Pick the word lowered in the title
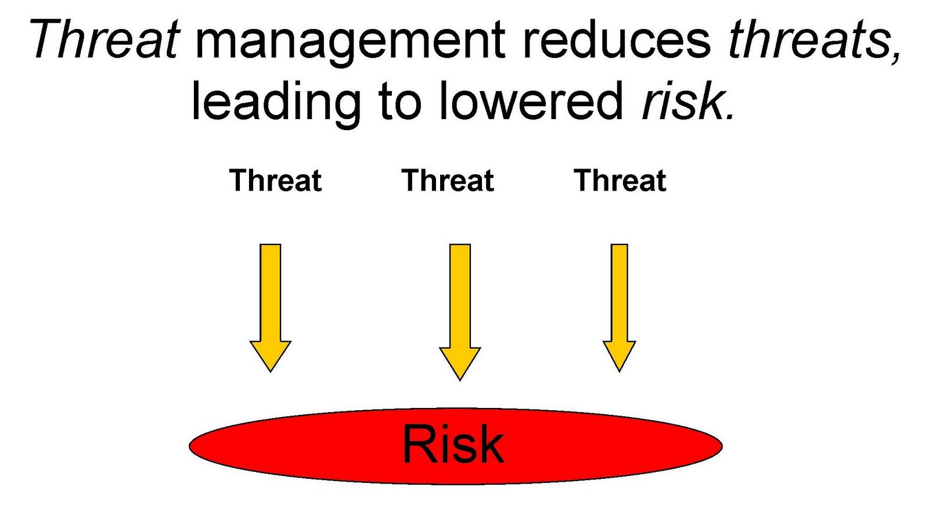coord(531,99)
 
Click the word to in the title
coord(399,102)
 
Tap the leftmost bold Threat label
coord(275,180)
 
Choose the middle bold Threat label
coord(448,180)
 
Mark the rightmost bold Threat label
coord(620,180)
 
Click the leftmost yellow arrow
coord(271,308)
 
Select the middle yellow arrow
coord(460,312)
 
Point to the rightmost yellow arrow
coord(619,308)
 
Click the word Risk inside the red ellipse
coord(453,444)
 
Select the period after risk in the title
coord(729,117)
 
